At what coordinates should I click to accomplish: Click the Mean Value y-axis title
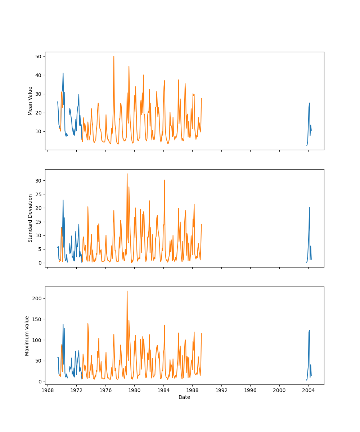click(x=30, y=101)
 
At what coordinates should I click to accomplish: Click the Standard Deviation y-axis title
click(x=30, y=218)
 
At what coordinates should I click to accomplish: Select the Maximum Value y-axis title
click(x=27, y=336)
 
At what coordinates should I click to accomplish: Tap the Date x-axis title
click(x=184, y=397)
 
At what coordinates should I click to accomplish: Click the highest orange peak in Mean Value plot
click(x=114, y=56)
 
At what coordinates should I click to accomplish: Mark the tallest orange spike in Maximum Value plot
click(x=127, y=291)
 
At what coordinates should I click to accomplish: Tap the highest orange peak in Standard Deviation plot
click(x=127, y=174)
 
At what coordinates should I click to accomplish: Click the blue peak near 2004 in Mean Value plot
click(x=309, y=103)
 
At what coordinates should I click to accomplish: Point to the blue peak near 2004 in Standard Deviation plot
click(x=309, y=207)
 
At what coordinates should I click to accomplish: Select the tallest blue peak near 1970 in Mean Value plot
click(x=63, y=73)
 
